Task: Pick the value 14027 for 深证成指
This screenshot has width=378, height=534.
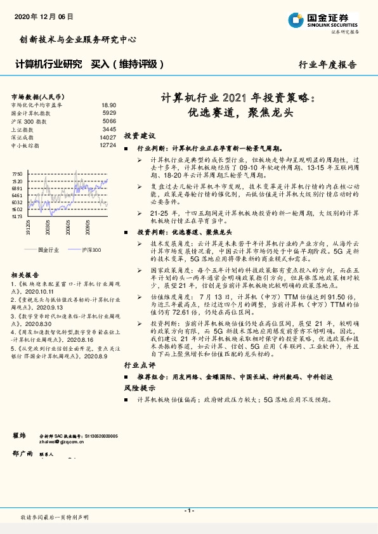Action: [x=108, y=137]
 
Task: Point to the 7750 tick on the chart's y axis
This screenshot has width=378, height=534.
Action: [x=17, y=173]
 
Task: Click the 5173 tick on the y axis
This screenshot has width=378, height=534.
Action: [x=17, y=217]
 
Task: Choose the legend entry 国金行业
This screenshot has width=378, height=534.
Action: [x=48, y=251]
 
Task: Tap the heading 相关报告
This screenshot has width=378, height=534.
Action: [x=25, y=275]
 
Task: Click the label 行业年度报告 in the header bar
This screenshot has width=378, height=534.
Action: [x=327, y=65]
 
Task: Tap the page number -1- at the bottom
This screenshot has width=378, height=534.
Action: [x=189, y=511]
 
